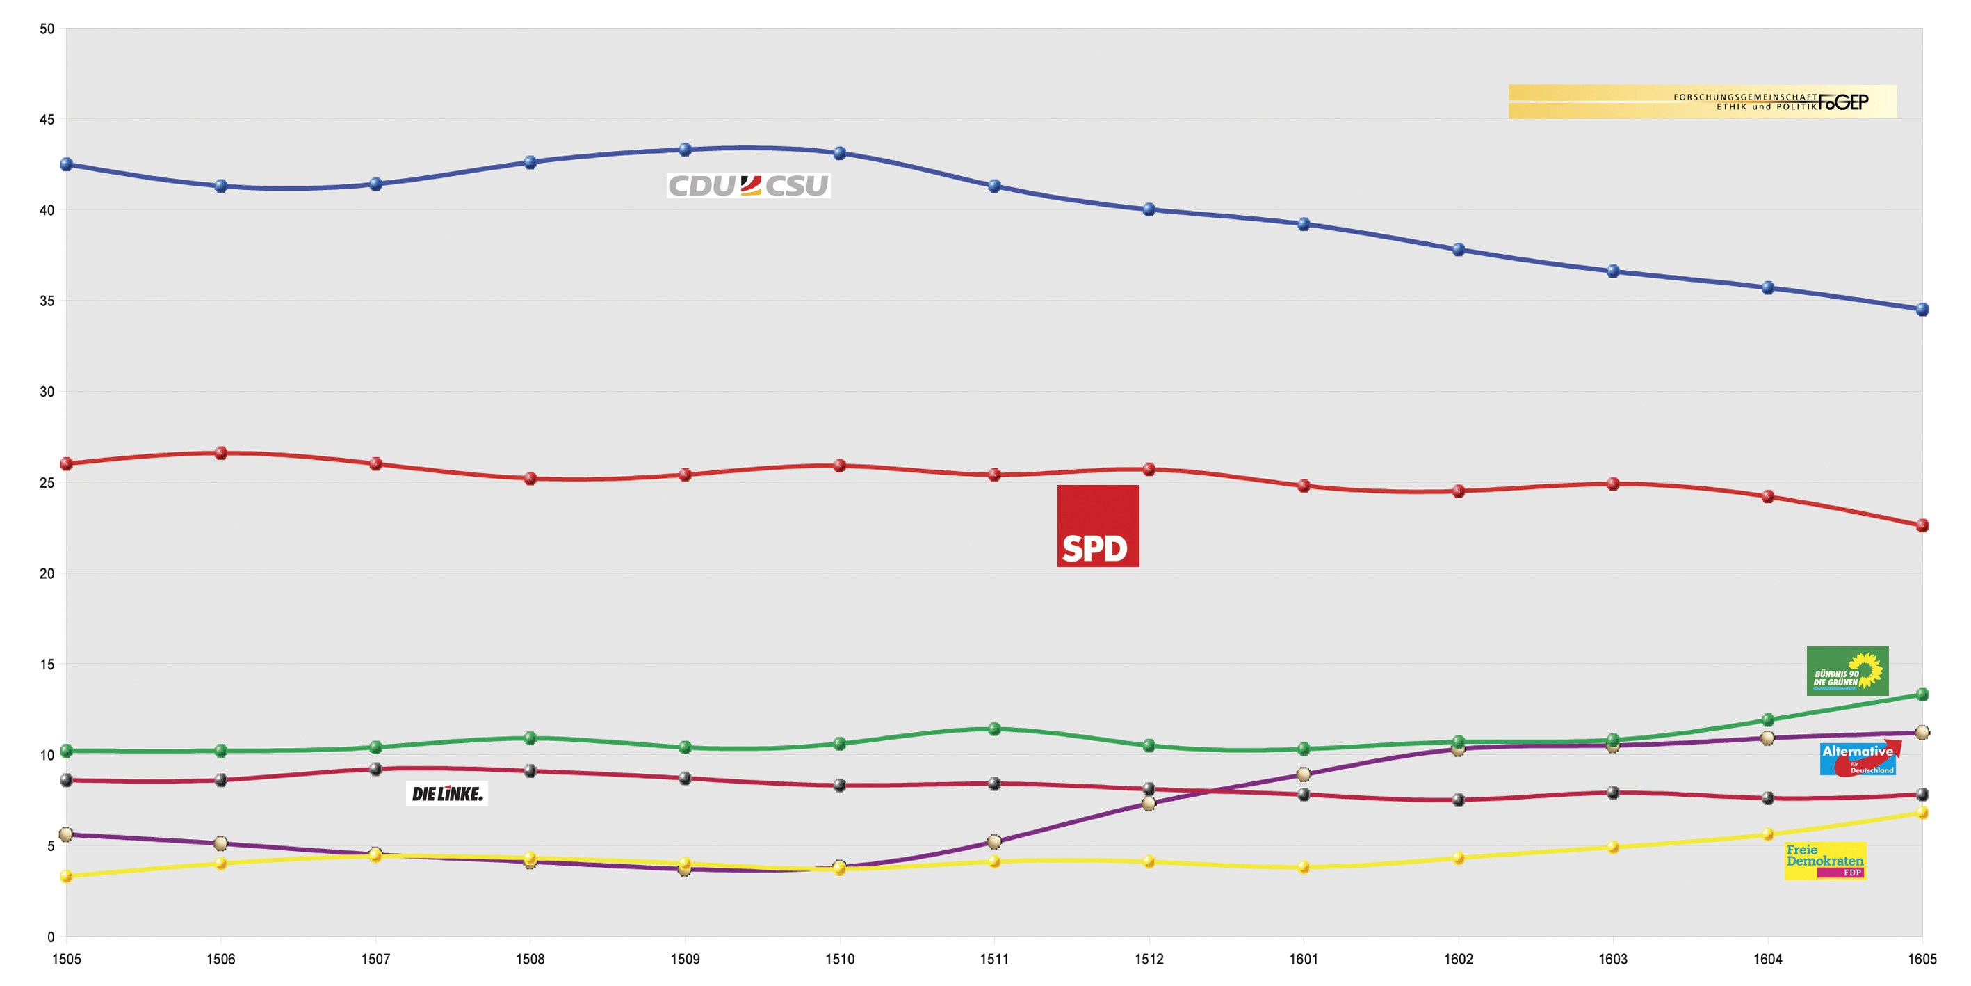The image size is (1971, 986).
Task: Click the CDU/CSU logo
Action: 748,185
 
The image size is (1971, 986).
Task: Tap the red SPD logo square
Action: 1098,526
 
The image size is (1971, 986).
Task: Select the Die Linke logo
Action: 447,794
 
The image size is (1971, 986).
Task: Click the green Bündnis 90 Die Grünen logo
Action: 1847,671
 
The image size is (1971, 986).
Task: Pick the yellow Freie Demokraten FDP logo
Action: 1825,861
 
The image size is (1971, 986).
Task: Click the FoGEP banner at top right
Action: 1703,102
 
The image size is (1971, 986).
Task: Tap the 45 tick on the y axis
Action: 47,120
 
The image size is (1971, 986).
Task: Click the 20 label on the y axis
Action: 47,573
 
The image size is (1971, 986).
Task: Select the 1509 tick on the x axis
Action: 685,959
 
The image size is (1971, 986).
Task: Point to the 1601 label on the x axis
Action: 1303,959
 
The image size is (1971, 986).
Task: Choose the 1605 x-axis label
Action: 1921,959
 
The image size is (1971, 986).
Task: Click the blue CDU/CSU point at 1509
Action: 685,150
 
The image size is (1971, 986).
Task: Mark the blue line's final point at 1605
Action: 1921,309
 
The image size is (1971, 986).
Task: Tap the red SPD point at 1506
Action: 221,453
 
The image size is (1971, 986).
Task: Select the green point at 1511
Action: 994,729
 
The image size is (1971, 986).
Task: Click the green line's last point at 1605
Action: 1921,694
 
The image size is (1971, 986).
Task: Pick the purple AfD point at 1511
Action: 994,841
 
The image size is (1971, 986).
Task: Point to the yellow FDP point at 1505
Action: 67,877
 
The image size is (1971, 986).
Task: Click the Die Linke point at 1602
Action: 1459,800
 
